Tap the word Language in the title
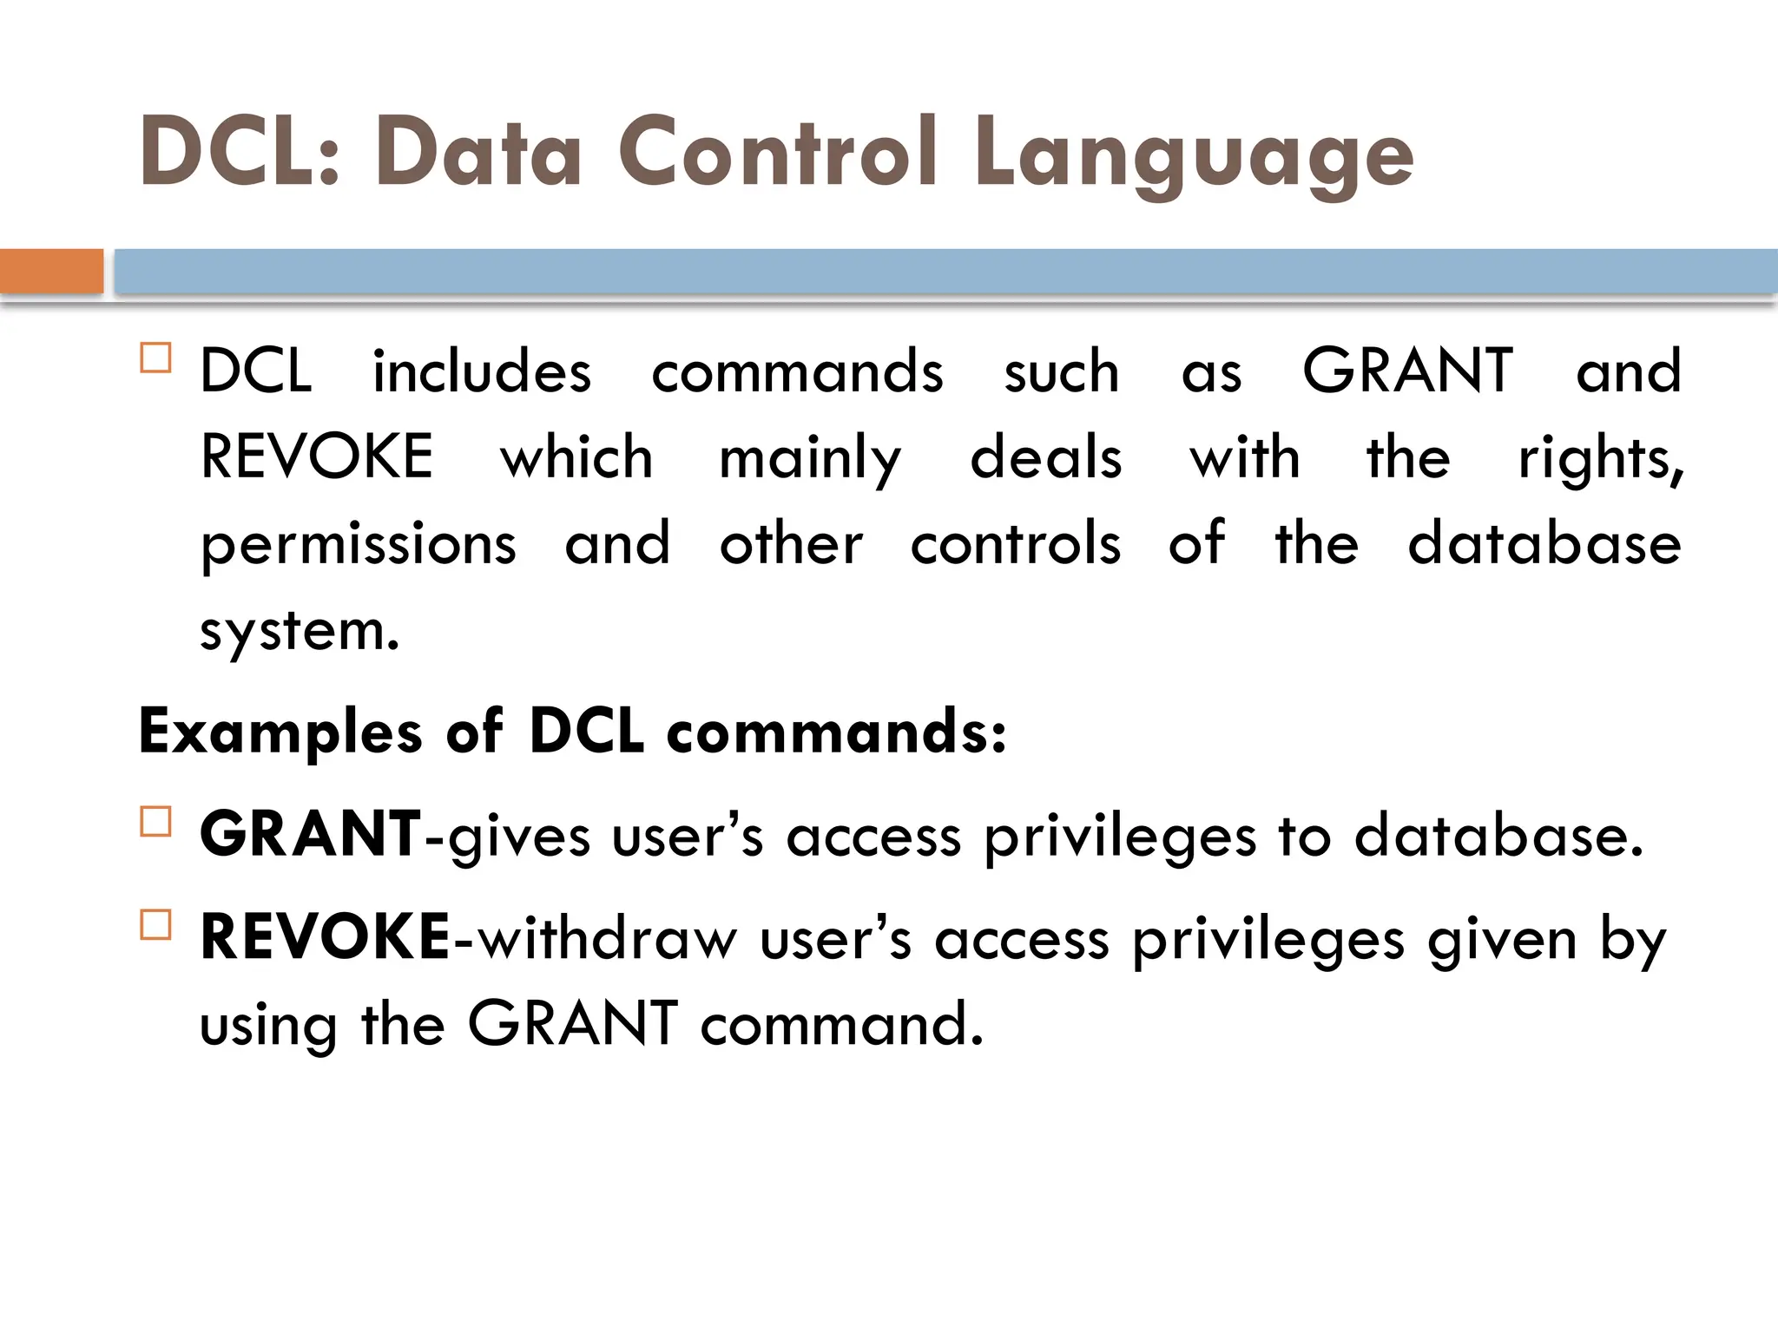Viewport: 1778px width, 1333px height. [x=1194, y=156]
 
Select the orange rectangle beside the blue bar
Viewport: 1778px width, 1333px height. [x=51, y=271]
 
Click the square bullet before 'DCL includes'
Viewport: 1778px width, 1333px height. [x=155, y=358]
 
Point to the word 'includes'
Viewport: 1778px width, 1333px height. [x=482, y=371]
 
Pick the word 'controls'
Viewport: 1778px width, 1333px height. [x=1016, y=545]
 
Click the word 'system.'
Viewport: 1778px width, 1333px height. [x=300, y=632]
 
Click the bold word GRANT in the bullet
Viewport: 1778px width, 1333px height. [x=311, y=834]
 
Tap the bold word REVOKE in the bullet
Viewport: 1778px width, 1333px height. [x=325, y=937]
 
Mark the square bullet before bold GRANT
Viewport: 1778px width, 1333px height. [x=155, y=821]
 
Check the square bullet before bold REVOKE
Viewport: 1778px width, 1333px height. [x=155, y=924]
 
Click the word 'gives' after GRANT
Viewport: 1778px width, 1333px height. [x=519, y=838]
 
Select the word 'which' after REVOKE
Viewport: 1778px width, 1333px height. [x=576, y=458]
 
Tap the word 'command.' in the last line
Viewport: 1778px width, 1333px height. [x=842, y=1024]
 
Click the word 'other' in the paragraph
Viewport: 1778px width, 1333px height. [x=791, y=545]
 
